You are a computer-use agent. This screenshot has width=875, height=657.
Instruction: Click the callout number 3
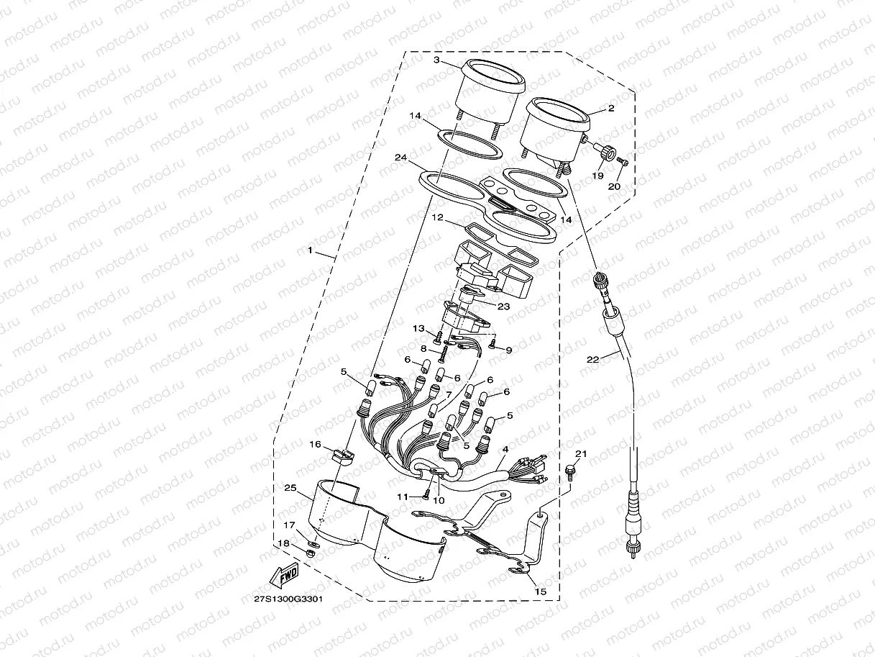point(436,60)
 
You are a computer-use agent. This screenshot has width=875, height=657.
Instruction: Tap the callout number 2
point(610,109)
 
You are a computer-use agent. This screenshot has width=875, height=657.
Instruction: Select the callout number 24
point(401,157)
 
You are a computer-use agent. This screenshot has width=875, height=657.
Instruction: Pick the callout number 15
point(540,591)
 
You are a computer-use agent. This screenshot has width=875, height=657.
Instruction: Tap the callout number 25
point(290,489)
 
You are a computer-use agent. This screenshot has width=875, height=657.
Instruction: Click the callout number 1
point(310,251)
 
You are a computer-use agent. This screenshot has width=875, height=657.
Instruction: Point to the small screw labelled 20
point(623,163)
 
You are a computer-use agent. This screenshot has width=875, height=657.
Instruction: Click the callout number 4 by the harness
point(505,449)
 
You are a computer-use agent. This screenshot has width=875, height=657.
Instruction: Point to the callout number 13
point(418,328)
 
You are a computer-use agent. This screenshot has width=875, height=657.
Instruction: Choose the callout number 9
point(509,350)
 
